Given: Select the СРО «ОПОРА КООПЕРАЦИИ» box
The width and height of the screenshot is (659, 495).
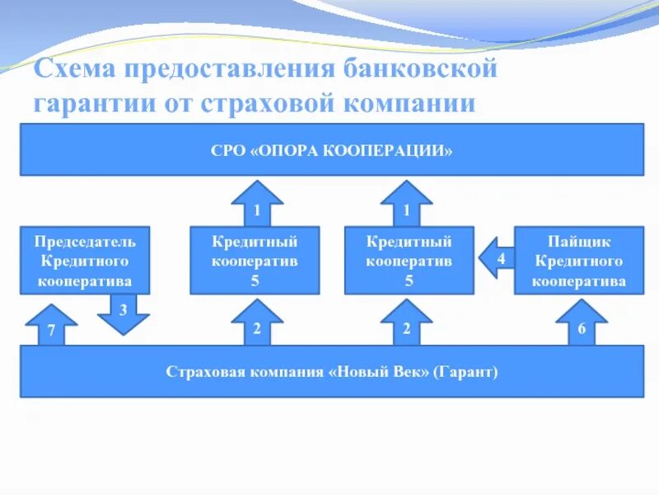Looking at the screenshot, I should click(331, 149).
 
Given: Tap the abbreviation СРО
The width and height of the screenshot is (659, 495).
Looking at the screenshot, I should click(227, 151).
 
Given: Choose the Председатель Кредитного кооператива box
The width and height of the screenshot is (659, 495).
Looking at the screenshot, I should click(85, 260).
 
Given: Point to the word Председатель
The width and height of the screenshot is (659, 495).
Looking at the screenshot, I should click(85, 243).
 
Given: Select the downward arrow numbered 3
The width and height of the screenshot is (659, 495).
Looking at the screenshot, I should click(124, 313).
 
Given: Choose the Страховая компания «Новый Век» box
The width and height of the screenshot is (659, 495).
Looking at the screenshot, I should click(331, 371).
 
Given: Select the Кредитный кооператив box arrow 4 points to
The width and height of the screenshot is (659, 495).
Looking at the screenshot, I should click(409, 260).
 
